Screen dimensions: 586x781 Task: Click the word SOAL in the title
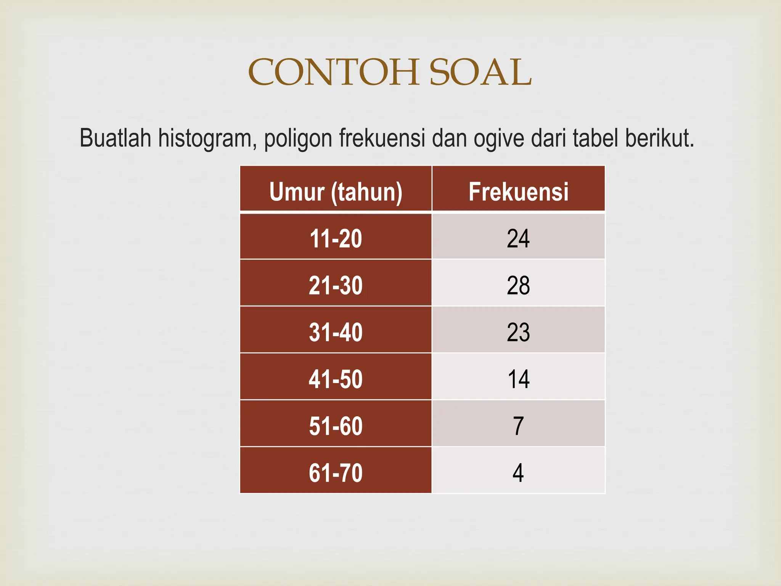tap(480, 72)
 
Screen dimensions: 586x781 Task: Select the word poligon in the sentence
tap(298, 138)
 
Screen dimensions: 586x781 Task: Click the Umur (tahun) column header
tap(336, 192)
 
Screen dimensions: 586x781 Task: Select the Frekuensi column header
tap(518, 192)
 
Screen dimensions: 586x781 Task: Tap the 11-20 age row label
tap(336, 239)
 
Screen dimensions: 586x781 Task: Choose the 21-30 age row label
tap(336, 285)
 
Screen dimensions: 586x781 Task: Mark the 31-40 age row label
tap(336, 332)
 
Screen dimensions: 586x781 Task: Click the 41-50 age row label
tap(336, 379)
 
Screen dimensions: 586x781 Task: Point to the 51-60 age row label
tap(336, 426)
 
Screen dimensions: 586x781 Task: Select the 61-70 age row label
tap(336, 473)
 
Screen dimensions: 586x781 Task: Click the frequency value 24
tap(518, 239)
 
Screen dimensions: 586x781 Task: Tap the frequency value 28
tap(518, 285)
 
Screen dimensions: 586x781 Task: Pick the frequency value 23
tap(518, 332)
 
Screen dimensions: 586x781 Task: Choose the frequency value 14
tap(518, 379)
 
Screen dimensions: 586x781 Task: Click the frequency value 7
tap(518, 426)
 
